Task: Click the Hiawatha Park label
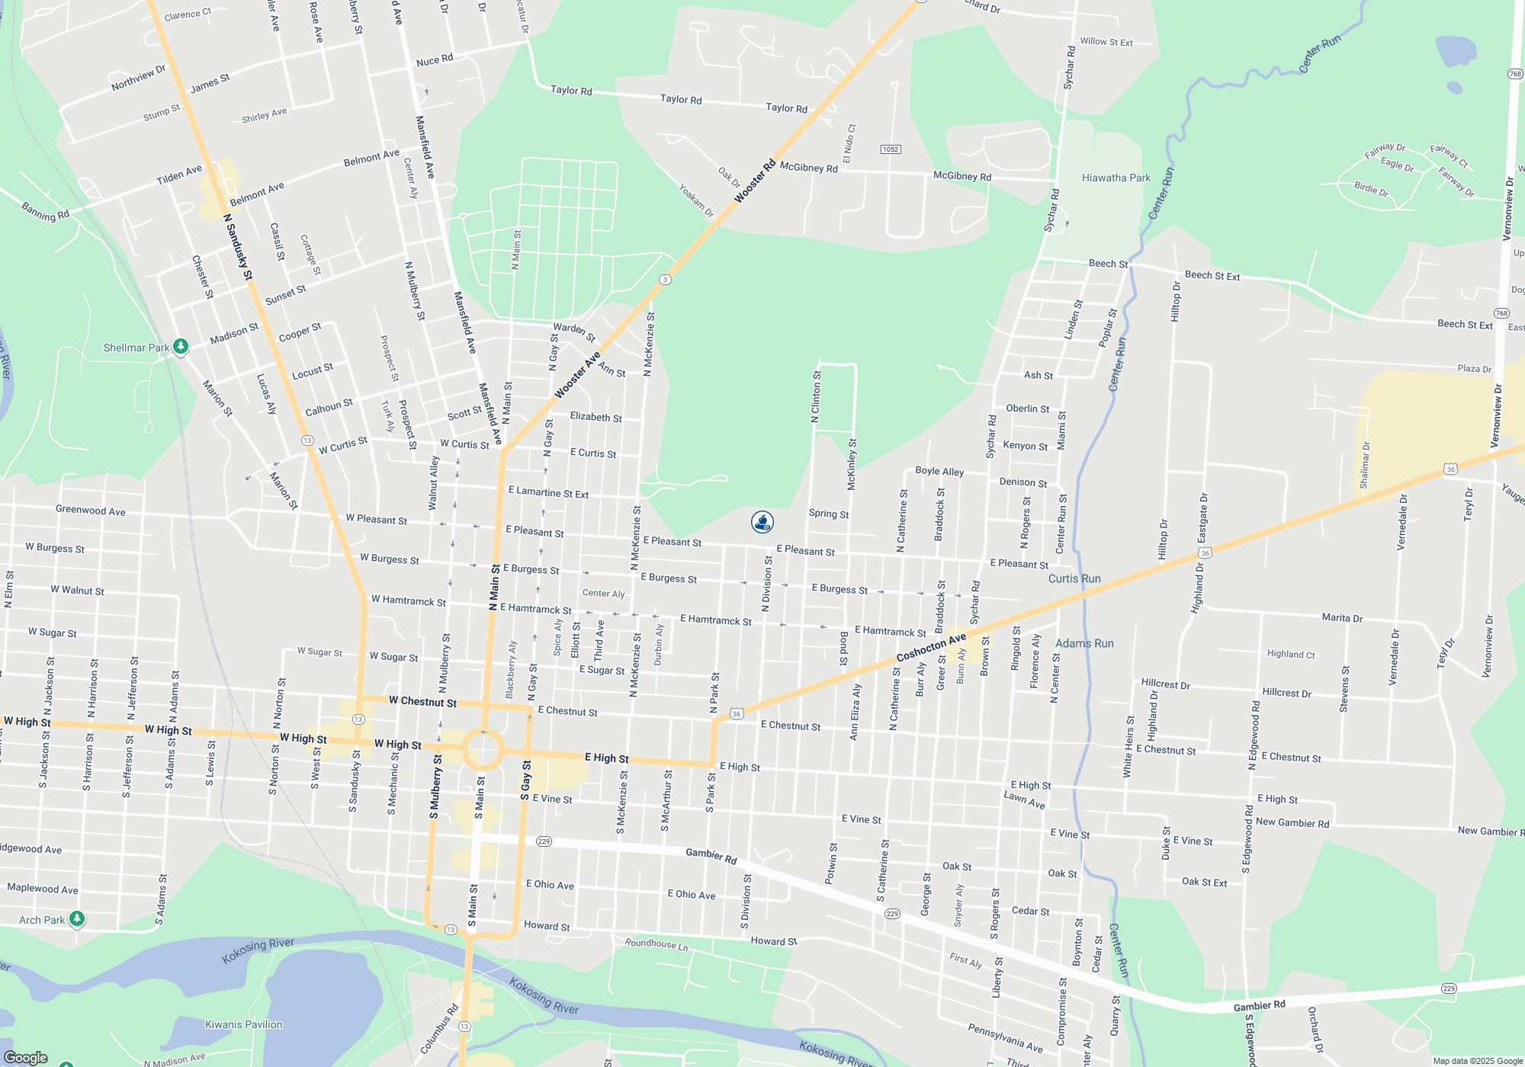[1116, 178]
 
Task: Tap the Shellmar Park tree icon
[181, 347]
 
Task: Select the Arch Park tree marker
[77, 919]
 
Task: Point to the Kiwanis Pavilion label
[243, 1024]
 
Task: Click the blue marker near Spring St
[762, 522]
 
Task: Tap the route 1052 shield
[891, 149]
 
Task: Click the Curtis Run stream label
[1074, 578]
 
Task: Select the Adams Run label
[1084, 643]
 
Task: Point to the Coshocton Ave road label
[931, 647]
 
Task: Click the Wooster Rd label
[755, 181]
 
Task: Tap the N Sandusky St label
[238, 248]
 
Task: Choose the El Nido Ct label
[849, 144]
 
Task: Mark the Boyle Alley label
[939, 471]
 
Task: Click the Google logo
[26, 1057]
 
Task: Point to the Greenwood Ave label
[90, 511]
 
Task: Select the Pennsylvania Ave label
[1005, 1038]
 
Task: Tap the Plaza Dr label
[1474, 369]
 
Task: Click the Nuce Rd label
[435, 61]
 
